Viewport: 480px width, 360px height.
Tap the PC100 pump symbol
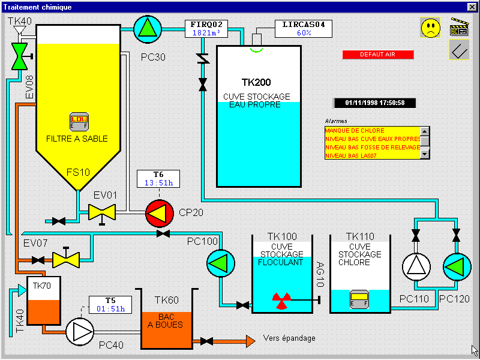pos(220,263)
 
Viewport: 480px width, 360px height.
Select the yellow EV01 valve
pos(101,212)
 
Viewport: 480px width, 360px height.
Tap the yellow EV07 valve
pos(65,259)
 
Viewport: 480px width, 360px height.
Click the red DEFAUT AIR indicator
pos(377,55)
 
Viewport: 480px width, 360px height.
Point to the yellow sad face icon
pos(430,28)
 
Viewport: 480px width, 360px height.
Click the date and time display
pos(374,103)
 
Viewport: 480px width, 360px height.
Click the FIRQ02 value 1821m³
pos(206,34)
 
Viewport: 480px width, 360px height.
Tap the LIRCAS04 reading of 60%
pos(304,34)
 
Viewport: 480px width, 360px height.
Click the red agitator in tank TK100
pos(281,298)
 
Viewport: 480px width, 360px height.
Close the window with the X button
pos(472,7)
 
